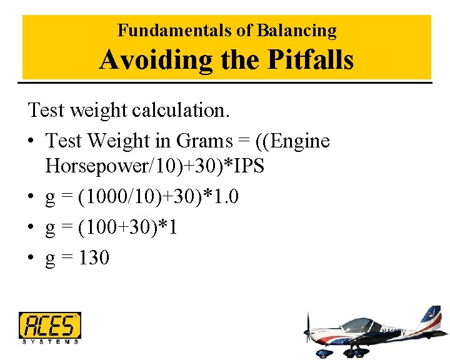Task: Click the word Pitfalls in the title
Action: (x=311, y=60)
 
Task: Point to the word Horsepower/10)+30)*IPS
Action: (x=155, y=166)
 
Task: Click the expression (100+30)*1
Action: (x=127, y=227)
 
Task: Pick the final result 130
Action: (x=94, y=257)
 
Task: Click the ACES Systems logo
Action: (x=50, y=327)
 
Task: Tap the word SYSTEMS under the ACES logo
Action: (x=50, y=341)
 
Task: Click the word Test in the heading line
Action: (x=46, y=111)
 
